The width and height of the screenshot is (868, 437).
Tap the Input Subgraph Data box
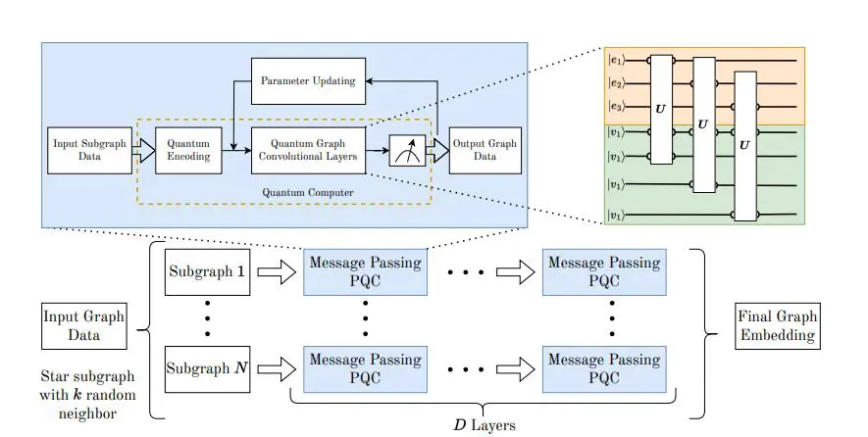88,149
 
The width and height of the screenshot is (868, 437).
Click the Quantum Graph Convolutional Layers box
309,149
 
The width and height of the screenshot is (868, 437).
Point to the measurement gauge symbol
407,150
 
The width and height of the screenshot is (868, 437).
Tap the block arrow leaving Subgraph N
280,370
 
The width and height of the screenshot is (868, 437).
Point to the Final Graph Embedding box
775,326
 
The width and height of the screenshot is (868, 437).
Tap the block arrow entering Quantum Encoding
143,149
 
